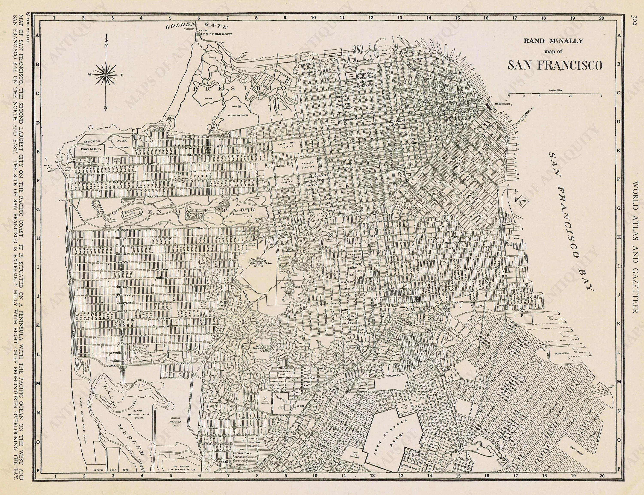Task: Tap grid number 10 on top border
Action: (x=313, y=18)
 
